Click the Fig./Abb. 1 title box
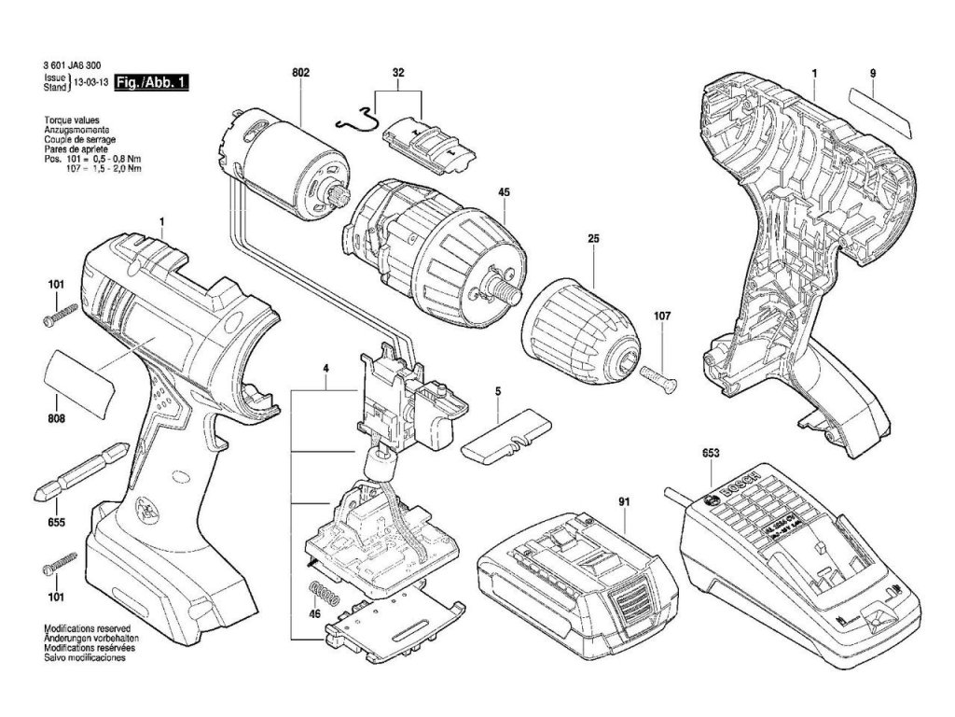click(x=149, y=83)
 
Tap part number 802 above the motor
click(x=300, y=72)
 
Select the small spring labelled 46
click(x=322, y=594)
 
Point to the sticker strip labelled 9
click(x=880, y=109)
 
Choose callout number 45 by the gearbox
click(x=504, y=193)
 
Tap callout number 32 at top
click(x=398, y=72)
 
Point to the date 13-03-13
click(x=90, y=83)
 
